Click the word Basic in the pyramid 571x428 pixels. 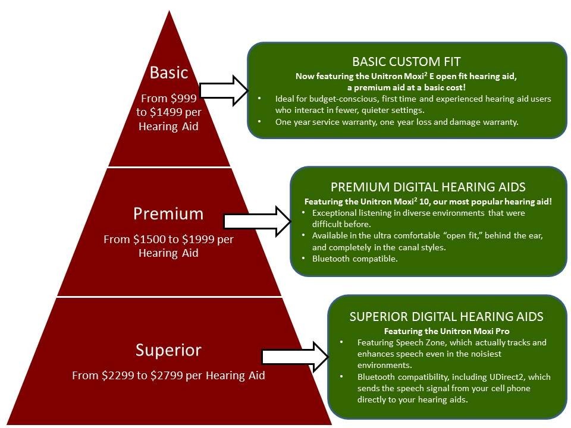[x=169, y=73]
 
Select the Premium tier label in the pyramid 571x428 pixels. [x=168, y=213]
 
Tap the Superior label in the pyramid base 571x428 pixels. [x=168, y=350]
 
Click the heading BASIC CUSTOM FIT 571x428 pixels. [x=407, y=62]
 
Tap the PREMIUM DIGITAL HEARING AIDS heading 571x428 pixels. [x=428, y=187]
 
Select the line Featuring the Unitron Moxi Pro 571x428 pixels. [x=446, y=331]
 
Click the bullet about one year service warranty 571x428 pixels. [x=397, y=122]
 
